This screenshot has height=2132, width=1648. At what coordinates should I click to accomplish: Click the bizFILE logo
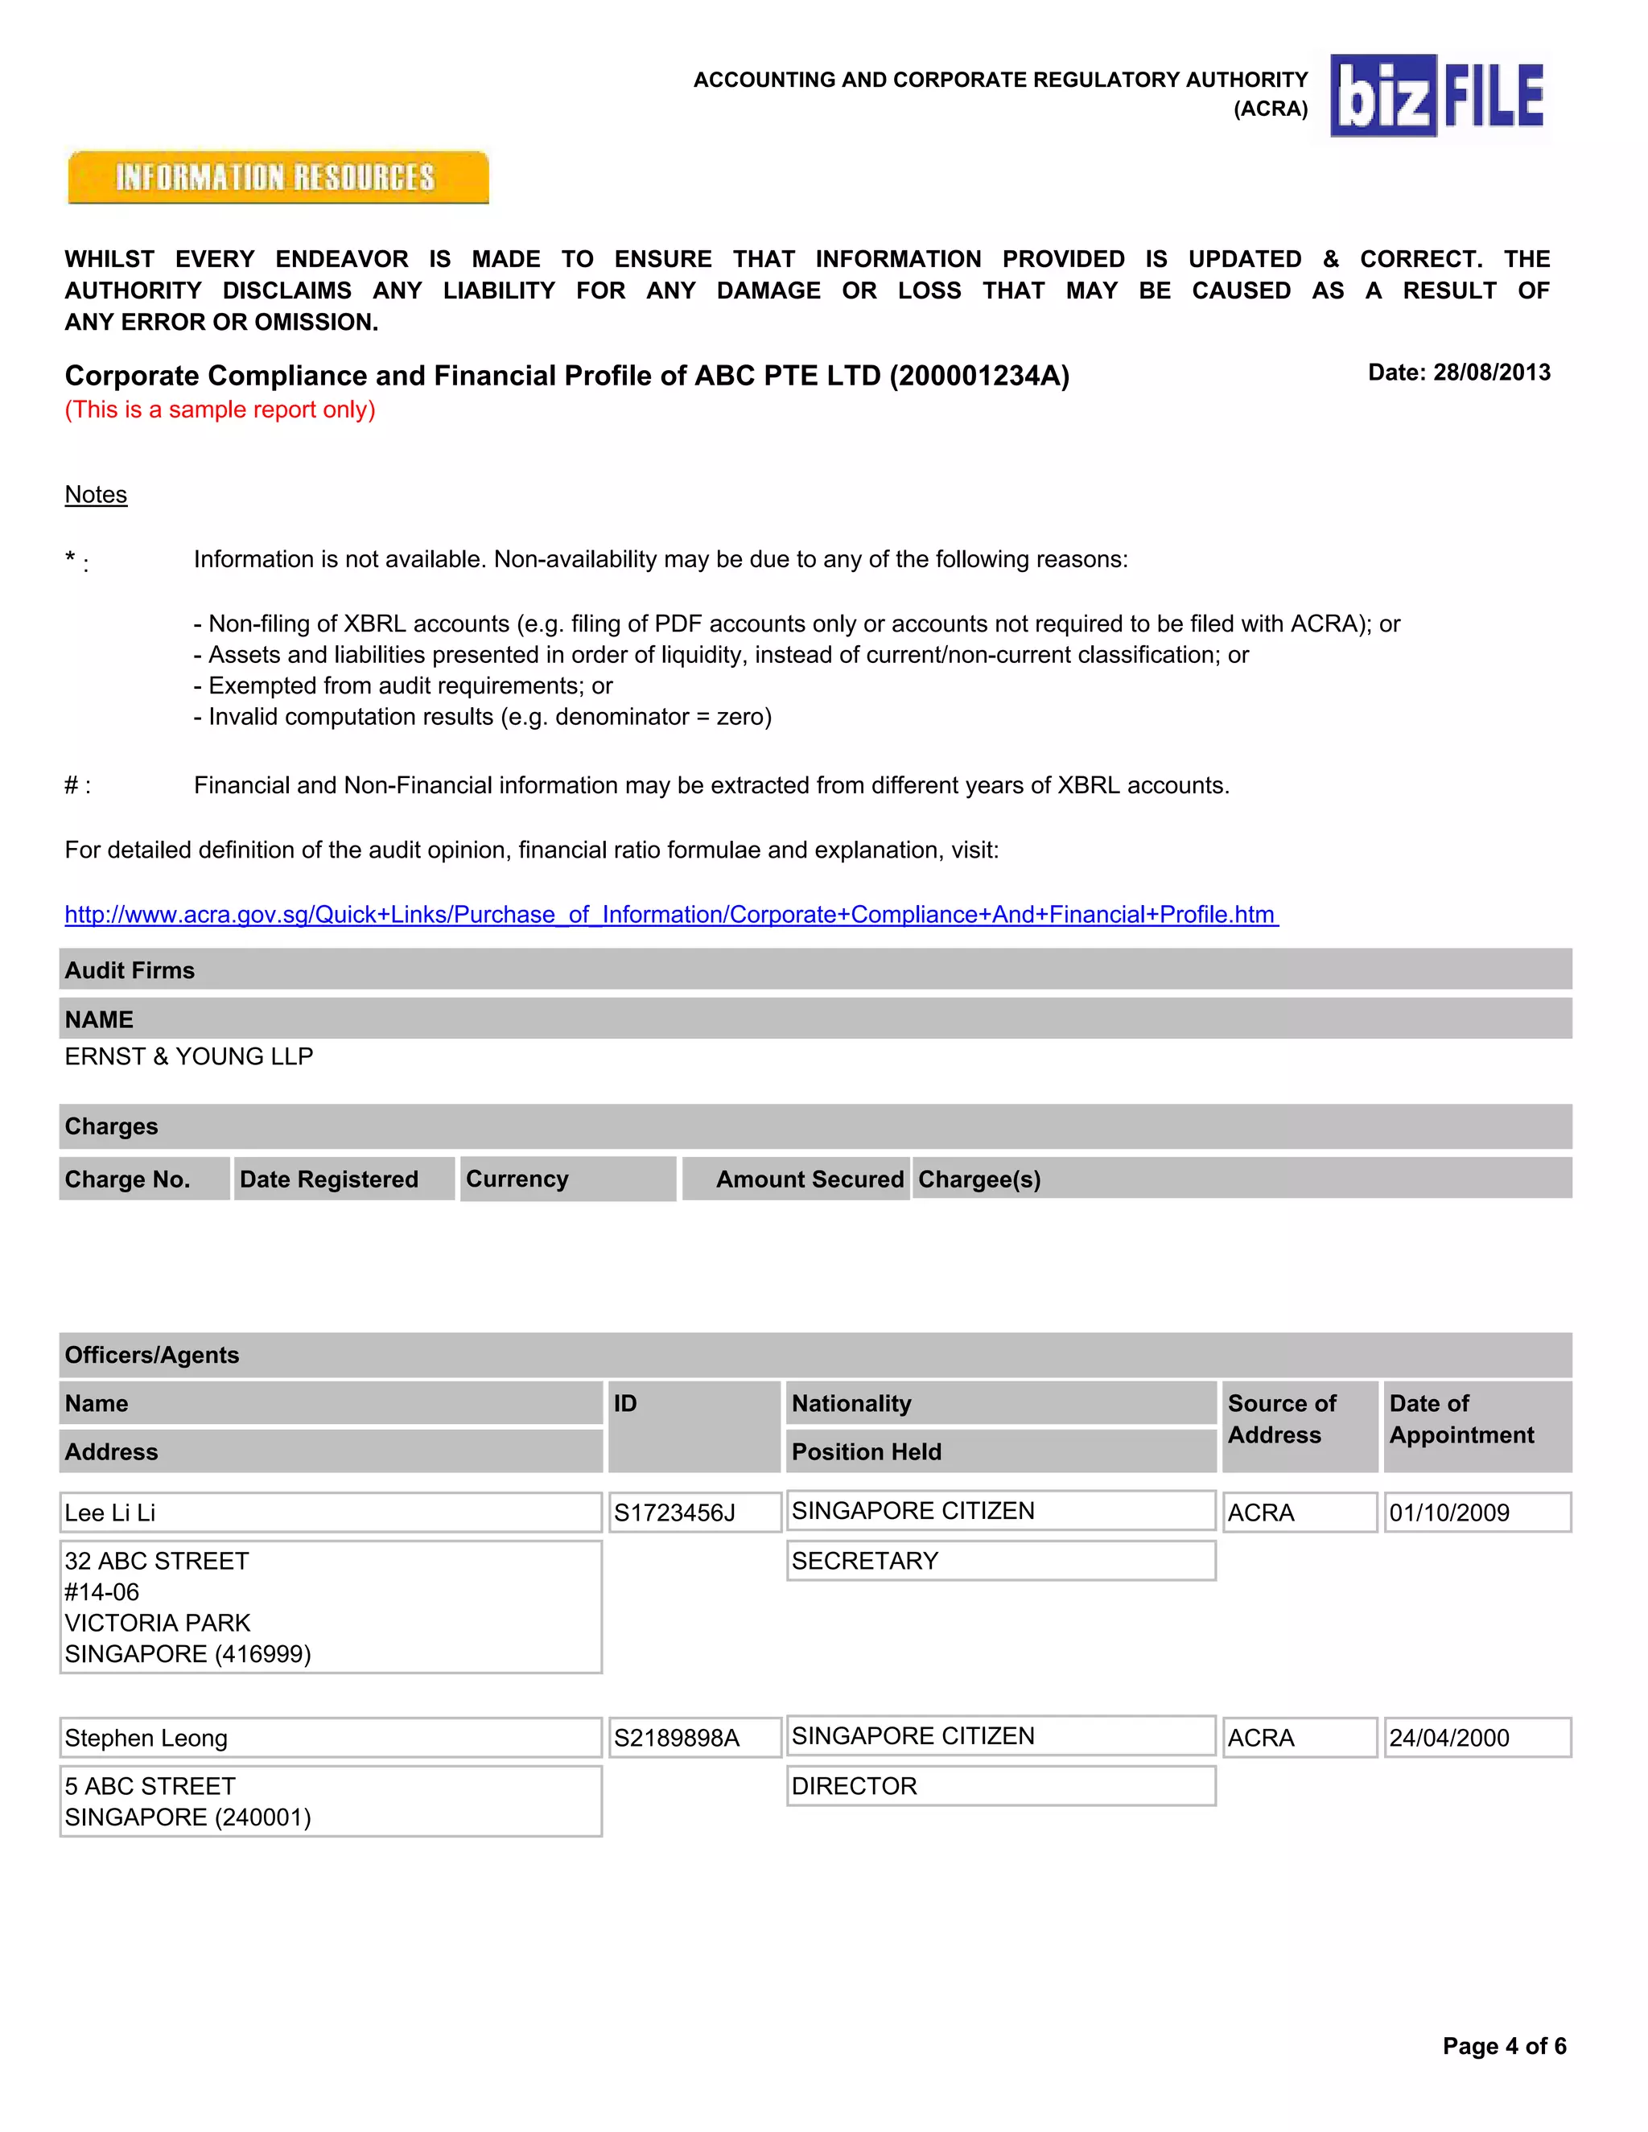tap(1437, 95)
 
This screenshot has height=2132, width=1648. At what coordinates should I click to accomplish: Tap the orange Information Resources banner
tap(278, 178)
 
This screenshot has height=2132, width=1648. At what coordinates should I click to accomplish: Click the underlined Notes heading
tap(96, 494)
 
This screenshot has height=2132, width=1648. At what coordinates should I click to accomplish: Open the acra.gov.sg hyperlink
tap(671, 914)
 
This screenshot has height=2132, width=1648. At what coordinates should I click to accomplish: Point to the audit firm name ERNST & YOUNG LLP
tap(188, 1056)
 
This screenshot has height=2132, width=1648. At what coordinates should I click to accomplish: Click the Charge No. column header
tap(128, 1179)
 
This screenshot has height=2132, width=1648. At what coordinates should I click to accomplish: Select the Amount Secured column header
tap(809, 1179)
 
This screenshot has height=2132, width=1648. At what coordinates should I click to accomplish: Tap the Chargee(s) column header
tap(979, 1179)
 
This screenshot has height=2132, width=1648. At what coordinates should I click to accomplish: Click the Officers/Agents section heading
tap(151, 1355)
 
